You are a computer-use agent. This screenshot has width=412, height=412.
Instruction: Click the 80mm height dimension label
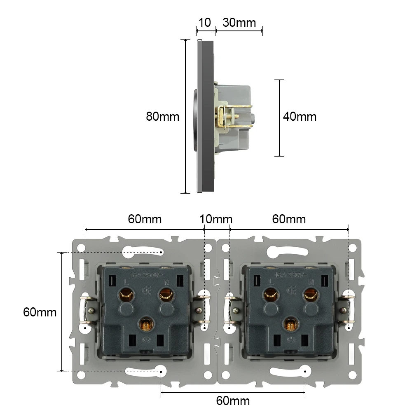point(163,117)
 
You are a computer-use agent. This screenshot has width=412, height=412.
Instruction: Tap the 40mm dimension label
point(300,117)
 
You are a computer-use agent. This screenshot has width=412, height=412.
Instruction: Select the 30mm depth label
point(239,22)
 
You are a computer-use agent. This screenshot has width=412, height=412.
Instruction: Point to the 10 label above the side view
point(205,22)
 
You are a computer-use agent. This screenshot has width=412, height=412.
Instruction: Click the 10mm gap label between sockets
point(216,219)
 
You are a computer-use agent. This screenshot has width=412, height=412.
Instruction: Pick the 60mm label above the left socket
point(145,219)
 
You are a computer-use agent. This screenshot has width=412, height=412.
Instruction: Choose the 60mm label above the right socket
point(289,219)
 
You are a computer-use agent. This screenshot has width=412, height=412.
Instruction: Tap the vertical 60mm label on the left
point(40,312)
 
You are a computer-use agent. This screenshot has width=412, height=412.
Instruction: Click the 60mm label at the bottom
point(233,400)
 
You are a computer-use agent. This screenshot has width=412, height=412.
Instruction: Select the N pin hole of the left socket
point(166,294)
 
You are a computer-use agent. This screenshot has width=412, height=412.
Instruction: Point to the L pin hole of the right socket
point(271,294)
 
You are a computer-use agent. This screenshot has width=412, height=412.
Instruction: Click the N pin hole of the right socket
point(310,294)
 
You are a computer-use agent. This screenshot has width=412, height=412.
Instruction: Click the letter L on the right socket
point(271,282)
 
